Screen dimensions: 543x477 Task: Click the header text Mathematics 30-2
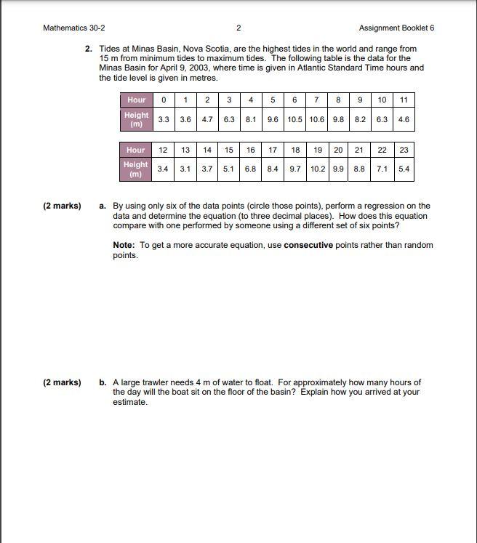pyautogui.click(x=74, y=28)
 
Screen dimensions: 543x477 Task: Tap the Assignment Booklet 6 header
pyautogui.click(x=396, y=28)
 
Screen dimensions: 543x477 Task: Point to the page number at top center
pyautogui.click(x=238, y=28)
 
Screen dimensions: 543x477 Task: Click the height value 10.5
pyautogui.click(x=294, y=119)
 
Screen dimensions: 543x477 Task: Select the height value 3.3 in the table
pyautogui.click(x=164, y=119)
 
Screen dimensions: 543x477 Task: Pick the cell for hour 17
pyautogui.click(x=273, y=150)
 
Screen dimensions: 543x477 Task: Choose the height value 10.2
pyautogui.click(x=317, y=169)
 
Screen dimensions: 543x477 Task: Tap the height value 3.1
pyautogui.click(x=185, y=169)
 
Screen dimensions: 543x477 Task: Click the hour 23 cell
pyautogui.click(x=404, y=150)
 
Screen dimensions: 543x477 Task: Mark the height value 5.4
pyautogui.click(x=404, y=169)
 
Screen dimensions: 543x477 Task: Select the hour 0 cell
pyautogui.click(x=164, y=100)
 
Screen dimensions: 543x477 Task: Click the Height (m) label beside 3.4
pyautogui.click(x=136, y=169)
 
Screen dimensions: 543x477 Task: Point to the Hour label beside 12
pyautogui.click(x=136, y=150)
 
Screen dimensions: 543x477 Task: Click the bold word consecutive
pyautogui.click(x=308, y=245)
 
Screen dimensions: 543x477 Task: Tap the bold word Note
pyautogui.click(x=124, y=245)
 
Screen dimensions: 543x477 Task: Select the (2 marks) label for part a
pyautogui.click(x=62, y=206)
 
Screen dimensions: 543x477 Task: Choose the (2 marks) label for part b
pyautogui.click(x=62, y=382)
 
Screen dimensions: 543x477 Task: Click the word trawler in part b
pyautogui.click(x=155, y=382)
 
